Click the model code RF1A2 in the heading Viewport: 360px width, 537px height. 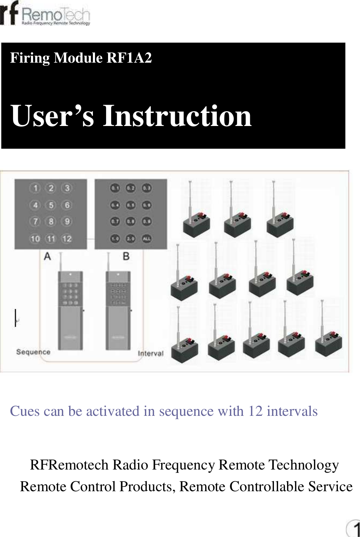(129, 58)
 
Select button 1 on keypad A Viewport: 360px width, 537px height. (35, 188)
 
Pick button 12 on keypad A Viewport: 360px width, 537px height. (67, 239)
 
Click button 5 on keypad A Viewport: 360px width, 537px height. (51, 205)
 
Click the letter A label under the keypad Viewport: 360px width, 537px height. (47, 256)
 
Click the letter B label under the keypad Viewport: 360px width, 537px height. (126, 256)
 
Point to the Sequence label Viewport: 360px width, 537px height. (33, 352)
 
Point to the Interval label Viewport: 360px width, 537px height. (150, 354)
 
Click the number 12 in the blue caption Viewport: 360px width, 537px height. (255, 411)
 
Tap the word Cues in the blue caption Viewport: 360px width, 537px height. (21, 411)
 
